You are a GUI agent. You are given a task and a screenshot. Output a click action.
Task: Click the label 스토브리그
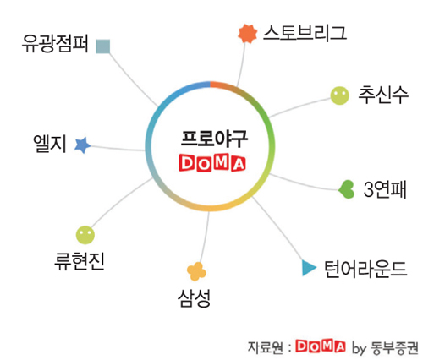[305, 33]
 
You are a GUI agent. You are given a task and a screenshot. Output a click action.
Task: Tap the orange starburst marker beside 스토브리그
[248, 34]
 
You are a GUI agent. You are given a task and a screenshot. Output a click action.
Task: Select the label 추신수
[383, 95]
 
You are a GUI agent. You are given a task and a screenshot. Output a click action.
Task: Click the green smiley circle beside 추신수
[339, 95]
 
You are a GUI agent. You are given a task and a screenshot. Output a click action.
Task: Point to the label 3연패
[385, 189]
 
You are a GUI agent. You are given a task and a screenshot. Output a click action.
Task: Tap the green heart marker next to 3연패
[346, 189]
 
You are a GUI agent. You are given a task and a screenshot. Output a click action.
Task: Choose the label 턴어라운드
[365, 270]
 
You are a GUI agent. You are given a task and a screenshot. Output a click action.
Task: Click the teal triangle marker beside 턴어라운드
[309, 268]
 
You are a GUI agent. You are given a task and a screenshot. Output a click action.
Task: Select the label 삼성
[194, 298]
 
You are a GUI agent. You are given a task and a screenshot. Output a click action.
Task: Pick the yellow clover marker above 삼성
[196, 271]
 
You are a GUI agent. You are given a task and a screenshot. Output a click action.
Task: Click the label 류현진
[80, 261]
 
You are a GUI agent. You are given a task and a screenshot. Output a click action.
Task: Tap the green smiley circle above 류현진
[85, 235]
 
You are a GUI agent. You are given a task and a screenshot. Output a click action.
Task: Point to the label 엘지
[50, 144]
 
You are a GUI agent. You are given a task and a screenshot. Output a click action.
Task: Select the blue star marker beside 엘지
[82, 145]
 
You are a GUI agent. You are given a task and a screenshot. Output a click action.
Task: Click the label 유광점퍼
[55, 44]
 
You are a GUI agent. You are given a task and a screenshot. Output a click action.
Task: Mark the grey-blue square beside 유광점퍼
[102, 46]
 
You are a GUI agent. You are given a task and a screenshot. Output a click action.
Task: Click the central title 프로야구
[214, 139]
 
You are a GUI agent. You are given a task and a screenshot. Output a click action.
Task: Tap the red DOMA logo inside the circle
[212, 163]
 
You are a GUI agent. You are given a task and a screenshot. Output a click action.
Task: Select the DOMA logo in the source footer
[321, 346]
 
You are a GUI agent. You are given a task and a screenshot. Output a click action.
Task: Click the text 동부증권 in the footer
[394, 348]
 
